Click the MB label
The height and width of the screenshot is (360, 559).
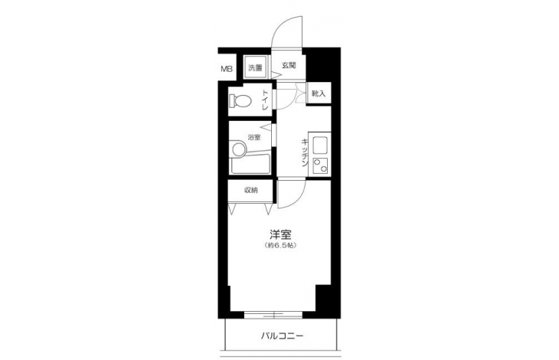click(x=227, y=69)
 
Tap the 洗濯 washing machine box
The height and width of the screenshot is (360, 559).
click(x=256, y=67)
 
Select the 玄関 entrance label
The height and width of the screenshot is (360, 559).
click(x=289, y=66)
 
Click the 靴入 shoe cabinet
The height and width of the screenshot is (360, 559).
click(x=319, y=93)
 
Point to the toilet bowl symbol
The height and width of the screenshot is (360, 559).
click(x=240, y=100)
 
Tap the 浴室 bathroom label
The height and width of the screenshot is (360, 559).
click(x=253, y=137)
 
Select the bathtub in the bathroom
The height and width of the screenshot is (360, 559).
click(x=250, y=164)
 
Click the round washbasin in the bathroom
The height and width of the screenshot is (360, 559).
click(x=238, y=148)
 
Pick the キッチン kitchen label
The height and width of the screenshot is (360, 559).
click(x=305, y=152)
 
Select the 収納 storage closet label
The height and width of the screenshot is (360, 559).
click(x=250, y=190)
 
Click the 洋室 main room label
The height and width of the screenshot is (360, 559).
click(x=280, y=234)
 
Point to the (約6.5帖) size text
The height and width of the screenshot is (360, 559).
click(x=280, y=245)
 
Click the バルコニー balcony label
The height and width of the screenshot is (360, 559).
click(x=282, y=335)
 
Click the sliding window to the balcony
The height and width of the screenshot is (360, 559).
click(x=273, y=315)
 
